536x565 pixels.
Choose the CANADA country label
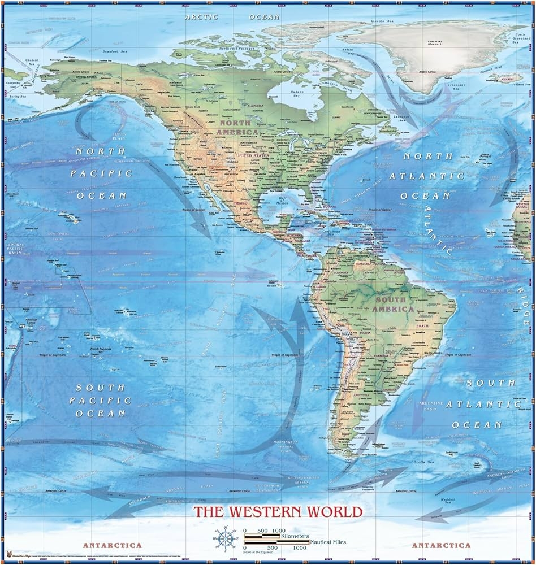tap(256, 106)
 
